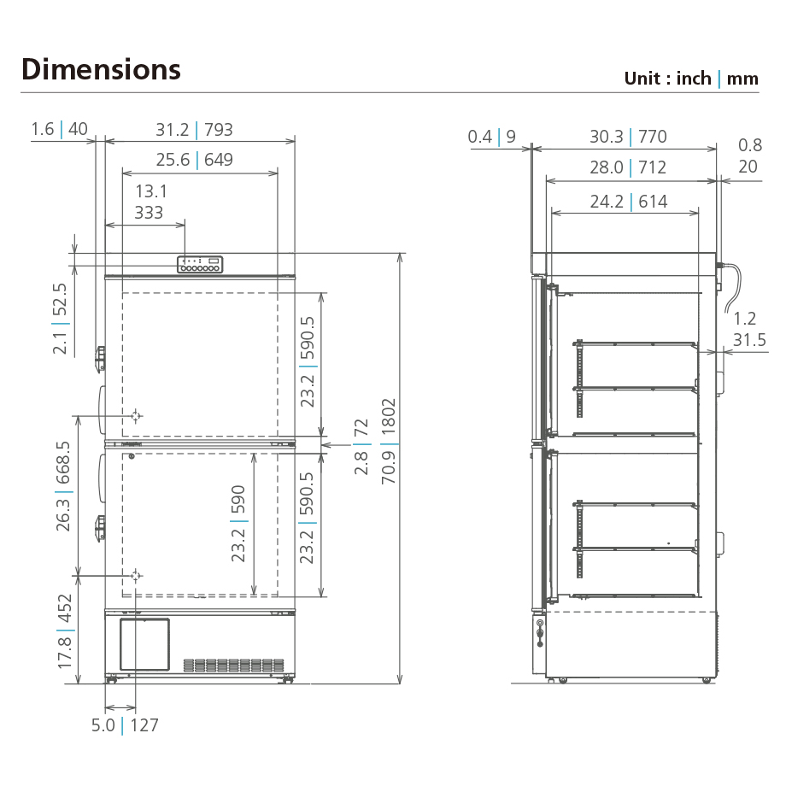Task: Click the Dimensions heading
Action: tap(101, 69)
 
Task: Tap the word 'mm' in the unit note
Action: tap(742, 79)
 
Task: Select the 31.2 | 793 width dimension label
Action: tap(194, 130)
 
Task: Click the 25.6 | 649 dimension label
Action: tap(194, 159)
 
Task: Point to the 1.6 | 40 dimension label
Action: tap(59, 129)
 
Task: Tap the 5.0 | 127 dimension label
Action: tap(125, 725)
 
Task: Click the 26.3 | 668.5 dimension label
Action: tap(64, 487)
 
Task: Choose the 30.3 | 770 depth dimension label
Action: tap(628, 137)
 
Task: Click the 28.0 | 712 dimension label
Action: tap(628, 167)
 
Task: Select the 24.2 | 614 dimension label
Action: tap(628, 202)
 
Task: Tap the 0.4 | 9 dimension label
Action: tap(492, 137)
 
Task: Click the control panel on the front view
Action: tap(200, 265)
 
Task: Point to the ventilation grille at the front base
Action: tap(233, 665)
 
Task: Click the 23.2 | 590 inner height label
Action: tap(238, 524)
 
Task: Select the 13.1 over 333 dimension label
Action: tap(150, 202)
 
